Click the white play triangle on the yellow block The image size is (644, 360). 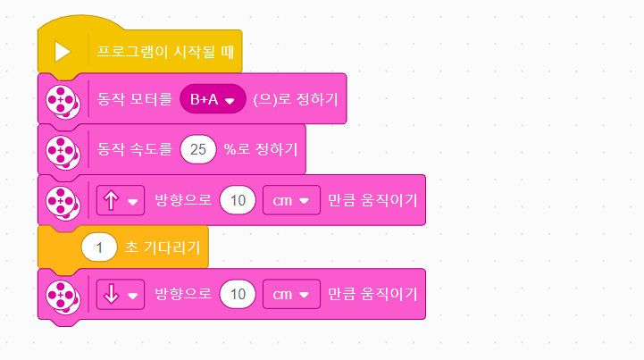(x=63, y=51)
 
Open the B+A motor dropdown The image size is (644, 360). (x=213, y=100)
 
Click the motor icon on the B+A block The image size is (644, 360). (x=63, y=100)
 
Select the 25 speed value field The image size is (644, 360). (x=198, y=149)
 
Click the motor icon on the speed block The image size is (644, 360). (x=63, y=149)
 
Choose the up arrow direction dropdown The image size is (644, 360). (x=120, y=200)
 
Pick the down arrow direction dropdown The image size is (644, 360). (x=120, y=293)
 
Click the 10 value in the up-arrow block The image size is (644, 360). (x=238, y=200)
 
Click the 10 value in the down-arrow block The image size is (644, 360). (x=238, y=293)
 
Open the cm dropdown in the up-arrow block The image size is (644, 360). (x=291, y=200)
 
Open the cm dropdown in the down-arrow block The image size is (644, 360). (x=291, y=293)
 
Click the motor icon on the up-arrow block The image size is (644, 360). (x=63, y=200)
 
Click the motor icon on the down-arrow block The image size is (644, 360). (x=63, y=293)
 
